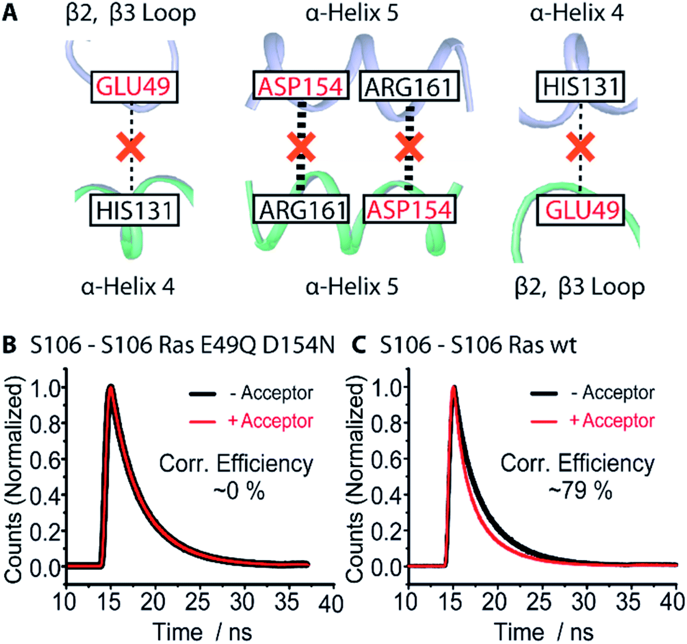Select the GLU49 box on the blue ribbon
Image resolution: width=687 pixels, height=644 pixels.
pos(134,87)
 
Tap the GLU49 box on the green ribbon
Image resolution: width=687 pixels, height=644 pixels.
pos(582,210)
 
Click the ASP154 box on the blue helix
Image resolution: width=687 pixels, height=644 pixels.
pos(301,87)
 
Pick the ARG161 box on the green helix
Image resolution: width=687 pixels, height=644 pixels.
pos(302,210)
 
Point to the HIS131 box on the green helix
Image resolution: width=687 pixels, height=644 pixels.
pos(134,210)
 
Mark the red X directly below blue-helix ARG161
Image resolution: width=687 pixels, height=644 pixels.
pos(409,147)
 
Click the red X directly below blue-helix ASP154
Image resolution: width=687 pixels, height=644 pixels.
pos(301,147)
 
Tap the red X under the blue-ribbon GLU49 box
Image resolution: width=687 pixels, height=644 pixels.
pos(131,147)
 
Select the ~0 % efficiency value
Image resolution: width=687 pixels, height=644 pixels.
pos(239,490)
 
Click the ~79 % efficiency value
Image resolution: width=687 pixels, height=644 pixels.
pos(580,490)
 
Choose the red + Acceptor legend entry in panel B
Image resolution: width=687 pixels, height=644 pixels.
pos(270,421)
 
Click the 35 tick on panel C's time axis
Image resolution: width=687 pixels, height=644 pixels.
pos(628,602)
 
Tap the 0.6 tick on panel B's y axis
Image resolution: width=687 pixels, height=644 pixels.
pos(47,460)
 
